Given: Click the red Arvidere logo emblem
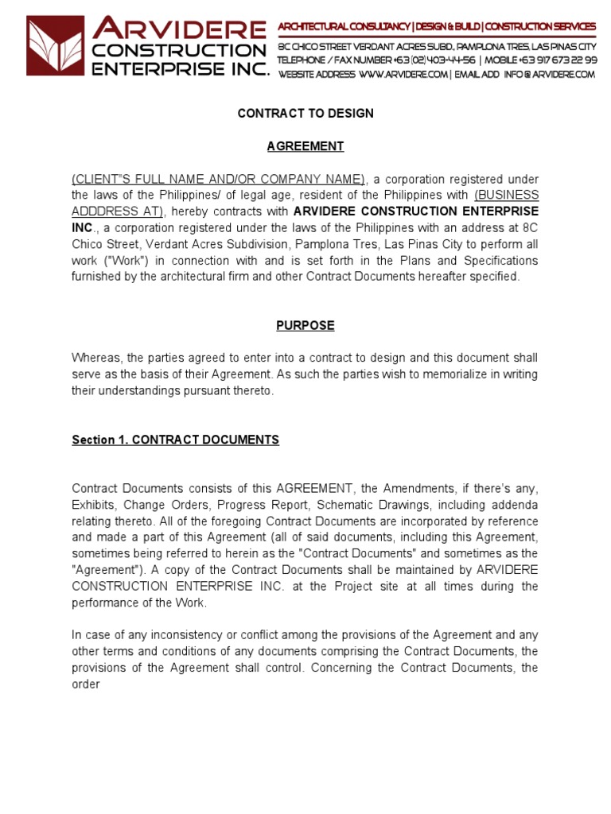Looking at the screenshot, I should [55, 46].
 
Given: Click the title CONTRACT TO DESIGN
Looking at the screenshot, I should [305, 114].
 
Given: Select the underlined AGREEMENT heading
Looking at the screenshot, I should [305, 146].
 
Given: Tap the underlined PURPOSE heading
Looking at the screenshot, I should [305, 325].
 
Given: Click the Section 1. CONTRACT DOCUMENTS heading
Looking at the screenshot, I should [175, 440].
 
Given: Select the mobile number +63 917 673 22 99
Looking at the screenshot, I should [557, 60].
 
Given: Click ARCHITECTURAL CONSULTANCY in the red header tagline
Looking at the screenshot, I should [343, 27].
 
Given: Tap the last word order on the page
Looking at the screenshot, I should [85, 684].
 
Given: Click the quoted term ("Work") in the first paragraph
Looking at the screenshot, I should [125, 261].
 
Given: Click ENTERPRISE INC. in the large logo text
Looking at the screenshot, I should [181, 68].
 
